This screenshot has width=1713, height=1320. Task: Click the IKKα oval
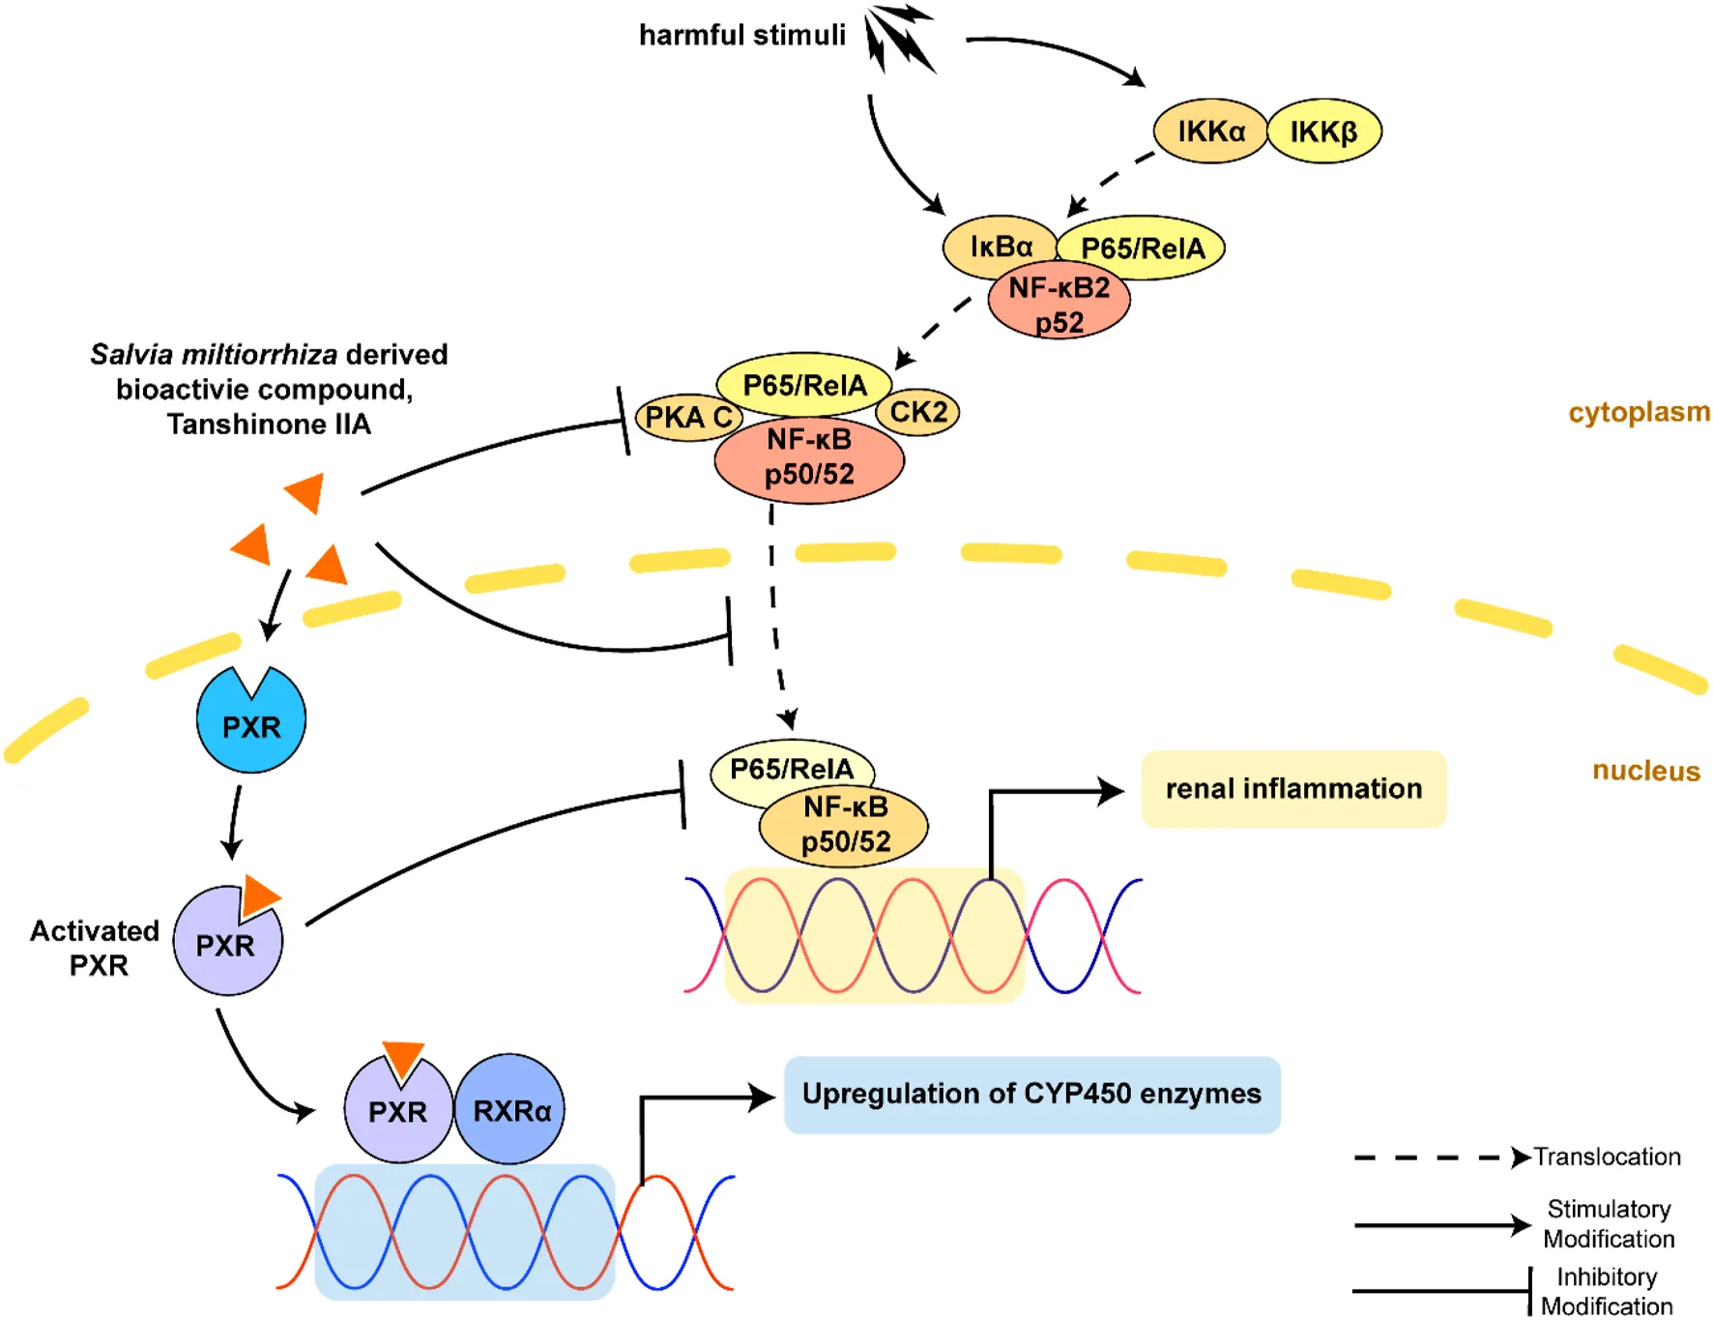tap(1209, 132)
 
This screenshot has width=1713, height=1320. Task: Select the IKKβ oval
tap(1323, 132)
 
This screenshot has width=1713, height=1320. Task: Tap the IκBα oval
tap(1000, 247)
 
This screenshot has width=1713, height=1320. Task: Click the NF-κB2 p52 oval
tap(1059, 305)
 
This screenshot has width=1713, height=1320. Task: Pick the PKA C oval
tap(687, 418)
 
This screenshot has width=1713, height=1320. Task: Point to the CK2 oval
tap(917, 412)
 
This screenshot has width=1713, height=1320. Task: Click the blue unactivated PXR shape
tap(250, 725)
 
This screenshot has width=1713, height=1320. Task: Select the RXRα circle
tap(510, 1110)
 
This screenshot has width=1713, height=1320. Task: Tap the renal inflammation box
tap(1293, 789)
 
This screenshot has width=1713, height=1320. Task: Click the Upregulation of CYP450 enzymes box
tap(1031, 1094)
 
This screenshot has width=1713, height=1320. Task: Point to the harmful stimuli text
tap(741, 36)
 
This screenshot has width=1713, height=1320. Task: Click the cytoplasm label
tap(1639, 412)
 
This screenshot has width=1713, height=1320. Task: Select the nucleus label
tap(1645, 771)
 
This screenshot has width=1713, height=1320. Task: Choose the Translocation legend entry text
tap(1607, 1157)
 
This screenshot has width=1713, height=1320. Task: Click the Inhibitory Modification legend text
tap(1607, 1292)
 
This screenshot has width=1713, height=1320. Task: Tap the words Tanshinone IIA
tap(269, 425)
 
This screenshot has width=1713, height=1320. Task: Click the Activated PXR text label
tap(95, 948)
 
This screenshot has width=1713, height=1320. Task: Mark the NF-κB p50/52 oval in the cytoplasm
tap(809, 458)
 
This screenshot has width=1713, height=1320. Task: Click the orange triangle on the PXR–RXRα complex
tap(403, 1057)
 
